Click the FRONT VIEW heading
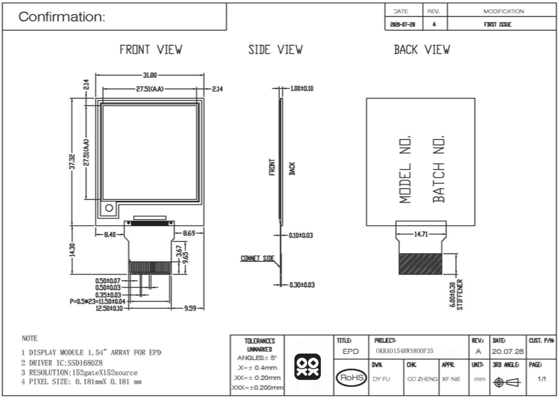(151, 50)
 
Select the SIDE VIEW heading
(276, 50)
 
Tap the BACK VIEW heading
(421, 50)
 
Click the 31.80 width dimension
(150, 76)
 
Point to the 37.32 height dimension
(72, 161)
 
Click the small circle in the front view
(109, 208)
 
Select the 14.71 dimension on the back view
(421, 235)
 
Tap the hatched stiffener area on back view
(421, 264)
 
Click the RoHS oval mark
(352, 378)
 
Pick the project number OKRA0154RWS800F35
(405, 351)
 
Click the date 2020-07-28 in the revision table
(403, 25)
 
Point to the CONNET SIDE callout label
(257, 258)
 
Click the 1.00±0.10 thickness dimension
(302, 88)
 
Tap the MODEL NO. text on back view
(405, 169)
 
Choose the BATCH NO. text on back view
(439, 169)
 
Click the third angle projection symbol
(506, 383)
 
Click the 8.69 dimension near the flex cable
(189, 233)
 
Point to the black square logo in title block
(307, 367)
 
